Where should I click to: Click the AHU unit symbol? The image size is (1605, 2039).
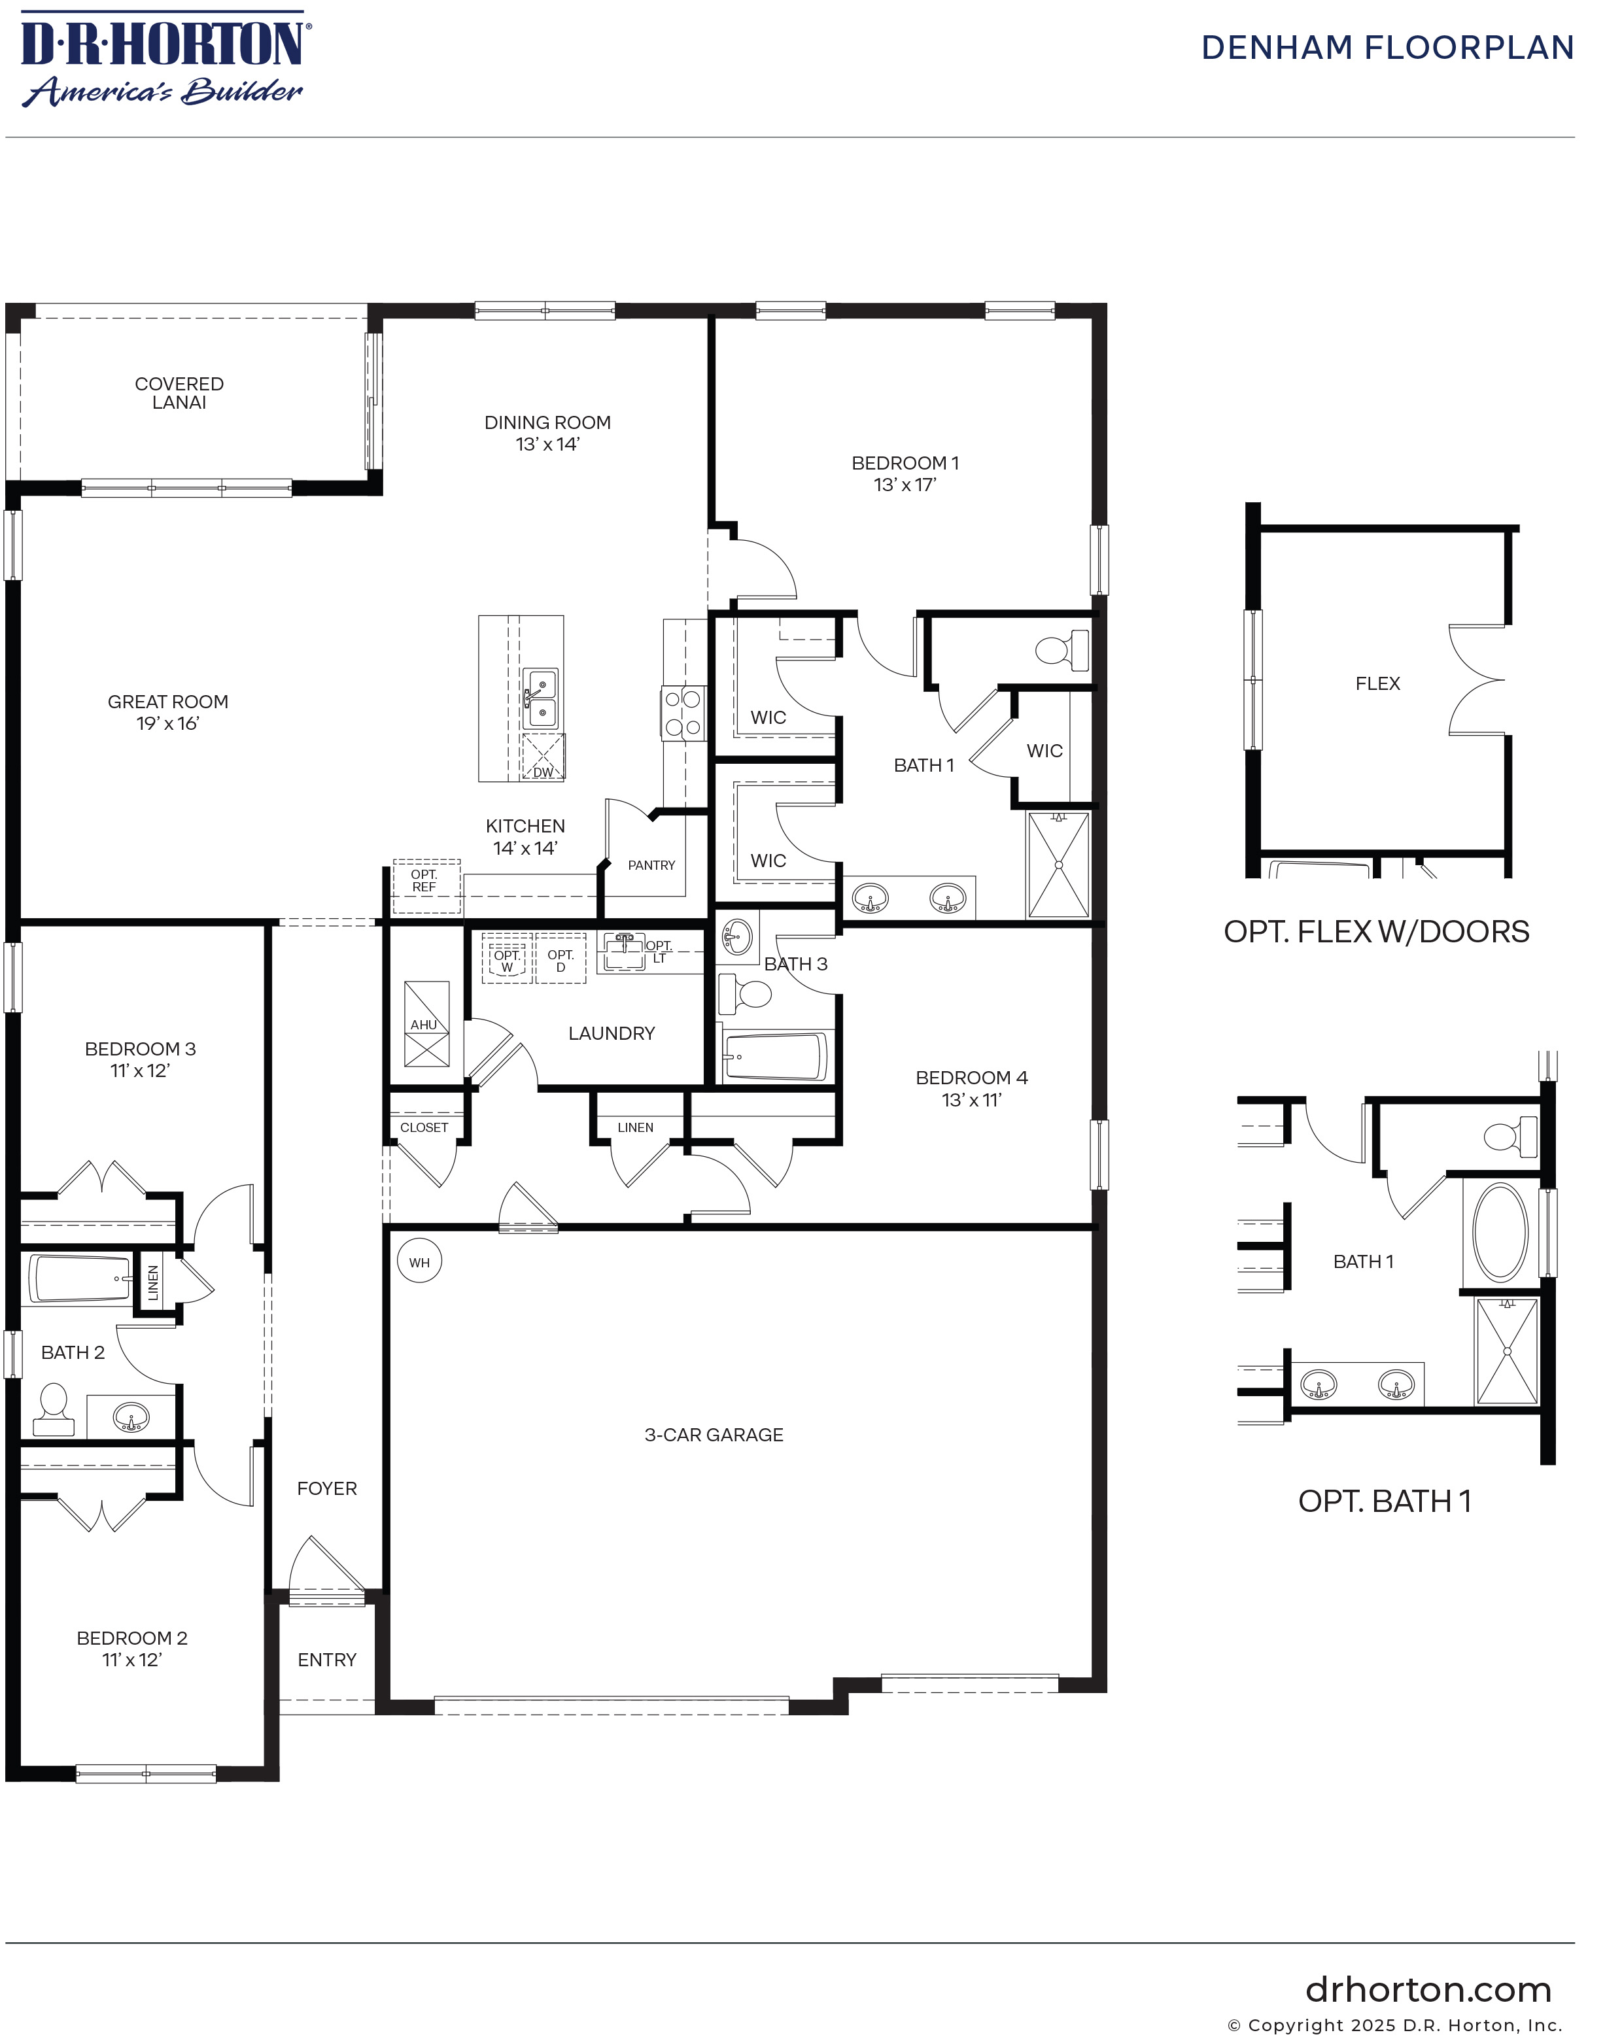pyautogui.click(x=426, y=1024)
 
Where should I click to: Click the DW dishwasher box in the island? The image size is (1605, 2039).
pyautogui.click(x=543, y=757)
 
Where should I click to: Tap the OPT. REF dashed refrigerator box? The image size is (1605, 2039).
pyautogui.click(x=426, y=886)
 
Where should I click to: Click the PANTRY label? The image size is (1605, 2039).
pyautogui.click(x=651, y=865)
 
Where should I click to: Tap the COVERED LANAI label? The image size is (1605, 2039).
pyautogui.click(x=179, y=393)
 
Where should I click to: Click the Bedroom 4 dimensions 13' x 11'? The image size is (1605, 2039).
pyautogui.click(x=972, y=1101)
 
